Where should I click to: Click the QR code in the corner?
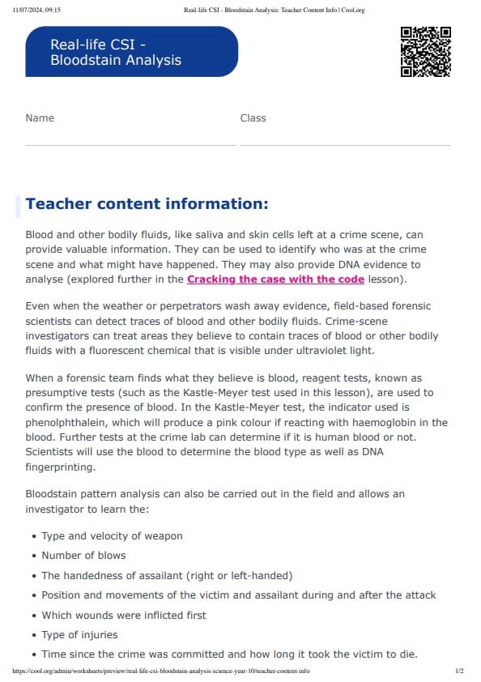tap(425, 52)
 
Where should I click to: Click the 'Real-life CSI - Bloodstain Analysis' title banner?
tap(131, 52)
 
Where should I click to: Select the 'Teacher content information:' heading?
tap(147, 203)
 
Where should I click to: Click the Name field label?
tap(40, 118)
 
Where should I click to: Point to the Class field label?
tap(253, 118)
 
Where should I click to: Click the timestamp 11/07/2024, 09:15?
tap(37, 10)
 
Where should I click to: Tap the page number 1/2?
tap(459, 671)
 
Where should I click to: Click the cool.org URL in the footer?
tap(161, 671)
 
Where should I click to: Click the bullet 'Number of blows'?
tap(83, 556)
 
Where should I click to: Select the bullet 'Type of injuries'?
tap(79, 634)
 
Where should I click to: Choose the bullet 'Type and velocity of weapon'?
tap(112, 536)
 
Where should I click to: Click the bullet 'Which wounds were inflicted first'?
tap(124, 615)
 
